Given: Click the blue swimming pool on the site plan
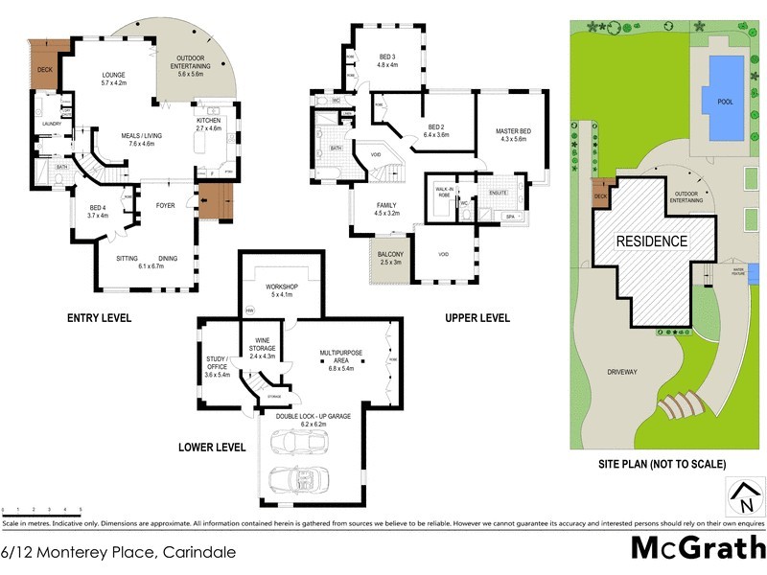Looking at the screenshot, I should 723,96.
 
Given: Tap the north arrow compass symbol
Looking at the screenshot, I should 743,498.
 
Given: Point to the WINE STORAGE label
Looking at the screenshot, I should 262,346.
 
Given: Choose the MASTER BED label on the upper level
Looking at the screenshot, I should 513,134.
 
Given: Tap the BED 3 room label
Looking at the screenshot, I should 387,59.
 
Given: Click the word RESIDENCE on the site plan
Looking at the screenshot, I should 651,241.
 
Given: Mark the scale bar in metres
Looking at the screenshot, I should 42,510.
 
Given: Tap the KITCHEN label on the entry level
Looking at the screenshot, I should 208,121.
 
